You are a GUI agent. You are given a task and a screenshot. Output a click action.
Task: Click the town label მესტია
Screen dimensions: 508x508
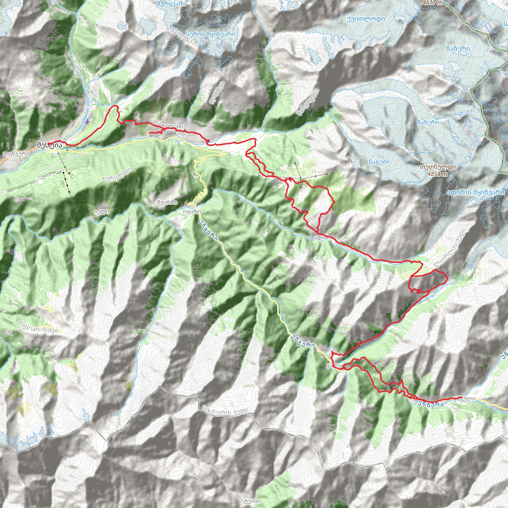(x=50, y=145)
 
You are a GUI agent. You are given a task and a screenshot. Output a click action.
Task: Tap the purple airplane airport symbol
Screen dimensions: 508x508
(x=87, y=122)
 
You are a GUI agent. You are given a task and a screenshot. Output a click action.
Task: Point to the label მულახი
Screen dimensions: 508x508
(x=172, y=127)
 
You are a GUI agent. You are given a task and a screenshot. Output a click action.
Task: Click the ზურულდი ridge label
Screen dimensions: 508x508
(x=117, y=175)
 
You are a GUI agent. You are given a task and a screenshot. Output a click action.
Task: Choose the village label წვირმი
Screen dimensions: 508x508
(x=167, y=202)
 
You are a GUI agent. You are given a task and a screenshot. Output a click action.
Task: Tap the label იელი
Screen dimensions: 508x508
(x=101, y=212)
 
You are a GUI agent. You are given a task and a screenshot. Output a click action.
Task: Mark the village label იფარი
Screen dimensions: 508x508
(x=192, y=212)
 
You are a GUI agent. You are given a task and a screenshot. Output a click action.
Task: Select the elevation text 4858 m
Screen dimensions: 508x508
(x=438, y=174)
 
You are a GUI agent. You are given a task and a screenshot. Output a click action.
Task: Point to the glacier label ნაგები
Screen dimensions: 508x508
(x=379, y=162)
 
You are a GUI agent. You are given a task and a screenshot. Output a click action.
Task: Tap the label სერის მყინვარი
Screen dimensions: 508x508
(x=210, y=34)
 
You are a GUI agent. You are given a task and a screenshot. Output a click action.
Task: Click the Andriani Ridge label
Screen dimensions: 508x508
(x=38, y=327)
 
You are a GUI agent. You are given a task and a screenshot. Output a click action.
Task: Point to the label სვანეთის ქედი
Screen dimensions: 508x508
(x=225, y=410)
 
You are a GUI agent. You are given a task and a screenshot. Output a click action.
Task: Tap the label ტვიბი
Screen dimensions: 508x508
(x=252, y=501)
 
